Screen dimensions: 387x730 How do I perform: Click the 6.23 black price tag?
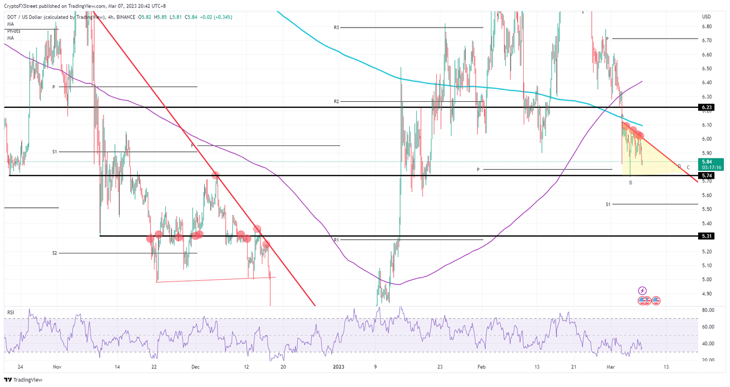click(x=706, y=107)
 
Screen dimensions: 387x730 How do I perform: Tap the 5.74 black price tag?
click(x=706, y=175)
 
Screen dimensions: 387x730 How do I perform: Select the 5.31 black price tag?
click(x=706, y=236)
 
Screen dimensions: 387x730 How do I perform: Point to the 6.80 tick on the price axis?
click(x=707, y=27)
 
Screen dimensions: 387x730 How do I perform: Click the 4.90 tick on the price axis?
click(x=707, y=294)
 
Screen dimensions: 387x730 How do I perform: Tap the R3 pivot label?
click(x=336, y=28)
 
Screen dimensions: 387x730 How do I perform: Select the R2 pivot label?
click(x=336, y=101)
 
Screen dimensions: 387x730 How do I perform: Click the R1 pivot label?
click(x=336, y=240)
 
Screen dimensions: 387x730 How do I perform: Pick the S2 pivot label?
click(x=55, y=253)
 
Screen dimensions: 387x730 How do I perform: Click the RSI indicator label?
click(x=10, y=312)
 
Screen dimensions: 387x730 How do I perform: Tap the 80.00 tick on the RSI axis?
click(x=708, y=310)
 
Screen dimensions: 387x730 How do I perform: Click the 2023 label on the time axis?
click(x=338, y=367)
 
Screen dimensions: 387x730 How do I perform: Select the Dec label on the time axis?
click(x=195, y=367)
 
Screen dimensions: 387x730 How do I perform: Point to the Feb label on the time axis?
click(x=481, y=367)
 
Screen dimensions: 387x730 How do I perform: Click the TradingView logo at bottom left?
click(x=23, y=380)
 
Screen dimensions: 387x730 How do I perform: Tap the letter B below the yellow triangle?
click(x=631, y=183)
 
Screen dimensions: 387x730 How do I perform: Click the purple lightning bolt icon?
click(x=642, y=290)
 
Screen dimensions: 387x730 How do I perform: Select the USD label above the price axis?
click(x=706, y=17)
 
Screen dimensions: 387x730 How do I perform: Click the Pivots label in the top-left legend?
click(x=14, y=31)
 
